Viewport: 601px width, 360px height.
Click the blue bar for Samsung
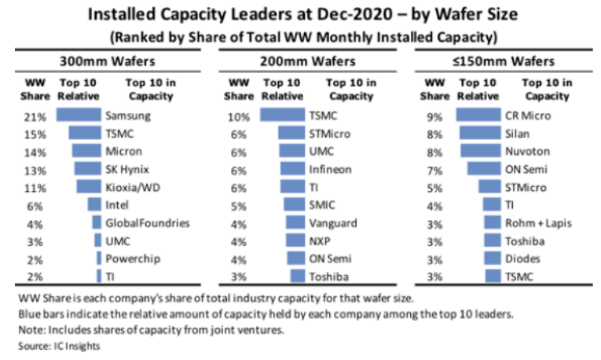[x=79, y=115]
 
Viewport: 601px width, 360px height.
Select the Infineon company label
[x=330, y=168]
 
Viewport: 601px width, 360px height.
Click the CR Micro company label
[x=528, y=115]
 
